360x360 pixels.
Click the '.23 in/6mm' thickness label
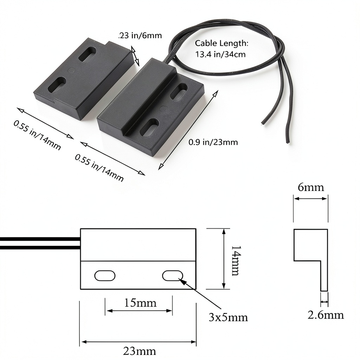point(140,36)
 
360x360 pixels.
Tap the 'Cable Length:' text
point(221,43)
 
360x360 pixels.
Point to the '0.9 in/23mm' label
point(213,142)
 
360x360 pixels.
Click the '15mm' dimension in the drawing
point(140,303)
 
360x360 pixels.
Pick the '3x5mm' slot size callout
point(228,317)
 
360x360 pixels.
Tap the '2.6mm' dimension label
point(326,315)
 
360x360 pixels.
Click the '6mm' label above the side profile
point(311,187)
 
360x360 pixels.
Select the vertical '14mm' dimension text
point(235,261)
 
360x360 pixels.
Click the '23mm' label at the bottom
point(140,351)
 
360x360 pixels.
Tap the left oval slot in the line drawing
point(105,276)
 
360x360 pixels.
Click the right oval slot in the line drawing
point(173,276)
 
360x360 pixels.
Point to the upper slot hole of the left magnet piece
point(88,54)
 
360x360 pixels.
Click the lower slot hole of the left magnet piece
point(57,85)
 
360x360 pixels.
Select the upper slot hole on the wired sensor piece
point(179,91)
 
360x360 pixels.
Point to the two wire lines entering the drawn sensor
point(40,243)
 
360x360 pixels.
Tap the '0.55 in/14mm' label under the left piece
point(37,135)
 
